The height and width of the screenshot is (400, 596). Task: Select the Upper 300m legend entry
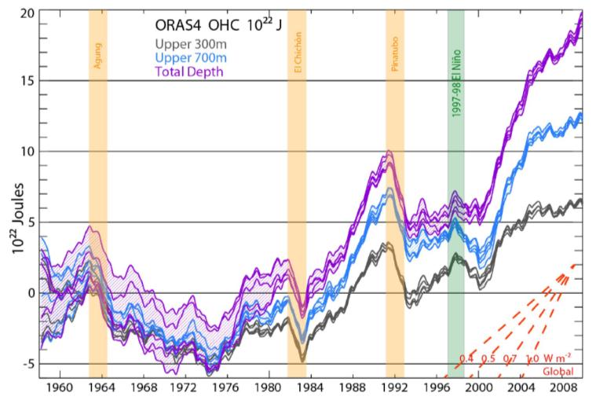[x=189, y=46]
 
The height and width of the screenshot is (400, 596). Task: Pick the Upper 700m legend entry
[x=189, y=58]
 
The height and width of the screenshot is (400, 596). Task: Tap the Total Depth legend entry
[x=189, y=72]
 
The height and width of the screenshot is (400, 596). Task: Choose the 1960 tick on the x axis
[x=60, y=387]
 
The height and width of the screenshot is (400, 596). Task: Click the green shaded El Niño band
[x=456, y=236]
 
